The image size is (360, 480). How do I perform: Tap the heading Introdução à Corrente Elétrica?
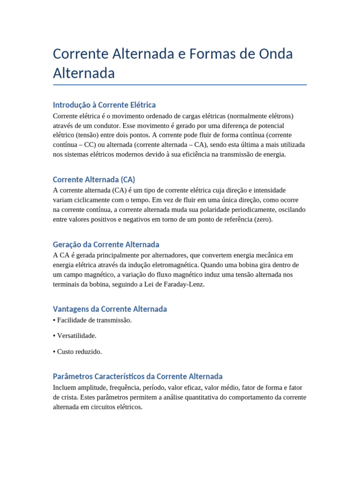coord(104,105)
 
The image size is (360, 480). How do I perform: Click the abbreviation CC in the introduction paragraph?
coord(89,145)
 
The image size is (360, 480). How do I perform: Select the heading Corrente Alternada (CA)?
coord(94,180)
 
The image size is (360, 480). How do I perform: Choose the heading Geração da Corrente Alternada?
coord(106,244)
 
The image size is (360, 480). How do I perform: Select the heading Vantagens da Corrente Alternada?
coord(110,309)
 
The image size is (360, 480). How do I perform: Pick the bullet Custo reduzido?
coord(79,351)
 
